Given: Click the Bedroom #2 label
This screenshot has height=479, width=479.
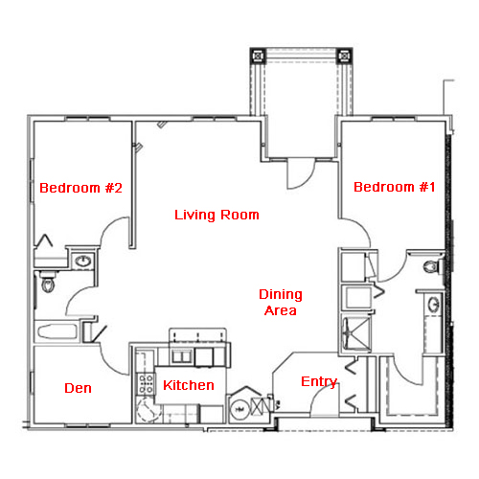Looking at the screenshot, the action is point(80,188).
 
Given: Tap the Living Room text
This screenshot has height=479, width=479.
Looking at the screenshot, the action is point(217,215).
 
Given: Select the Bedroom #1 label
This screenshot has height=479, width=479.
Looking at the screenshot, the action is point(395,187).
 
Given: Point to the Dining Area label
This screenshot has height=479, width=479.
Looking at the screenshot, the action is point(281,302).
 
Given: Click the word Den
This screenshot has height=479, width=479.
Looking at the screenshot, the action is point(78,388).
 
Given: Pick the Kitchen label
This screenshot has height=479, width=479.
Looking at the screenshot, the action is point(189,385).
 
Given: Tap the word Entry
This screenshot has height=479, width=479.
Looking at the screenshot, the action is point(319,381).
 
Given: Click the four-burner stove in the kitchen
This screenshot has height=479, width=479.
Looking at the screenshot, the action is point(146,383).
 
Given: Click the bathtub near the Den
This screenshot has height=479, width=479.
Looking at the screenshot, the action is point(57,331).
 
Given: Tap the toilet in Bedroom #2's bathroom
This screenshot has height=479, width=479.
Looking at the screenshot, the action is point(48,281).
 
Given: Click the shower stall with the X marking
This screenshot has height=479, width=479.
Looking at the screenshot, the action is point(356,332).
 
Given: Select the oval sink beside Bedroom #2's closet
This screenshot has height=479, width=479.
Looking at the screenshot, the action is point(83,262).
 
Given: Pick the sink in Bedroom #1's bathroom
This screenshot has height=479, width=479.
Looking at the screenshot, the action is point(434,305).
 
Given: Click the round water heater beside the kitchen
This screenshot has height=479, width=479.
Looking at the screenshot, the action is point(240,409).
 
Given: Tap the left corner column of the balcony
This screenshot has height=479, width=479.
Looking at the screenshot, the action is point(258,57).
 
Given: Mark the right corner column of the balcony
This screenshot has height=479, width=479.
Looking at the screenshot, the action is point(345,57).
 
